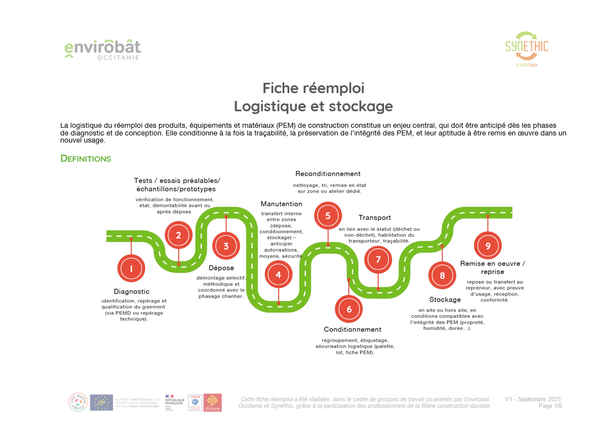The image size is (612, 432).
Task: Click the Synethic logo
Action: pos(527,49)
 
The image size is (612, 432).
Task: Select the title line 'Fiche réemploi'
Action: pos(313,88)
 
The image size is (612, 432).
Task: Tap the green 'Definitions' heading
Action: pos(85,158)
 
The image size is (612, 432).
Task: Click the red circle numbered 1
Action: pos(131,269)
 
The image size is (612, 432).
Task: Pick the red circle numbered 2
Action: pos(178,235)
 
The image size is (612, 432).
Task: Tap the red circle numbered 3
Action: pos(226,246)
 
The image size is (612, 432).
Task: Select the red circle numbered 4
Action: pos(278,275)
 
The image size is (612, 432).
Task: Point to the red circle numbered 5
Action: pos(328,215)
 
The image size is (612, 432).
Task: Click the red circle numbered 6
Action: pos(349,309)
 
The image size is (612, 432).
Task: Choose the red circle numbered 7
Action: pos(378,260)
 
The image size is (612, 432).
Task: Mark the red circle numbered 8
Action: pos(442,276)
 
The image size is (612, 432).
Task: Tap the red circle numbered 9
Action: pos(488,246)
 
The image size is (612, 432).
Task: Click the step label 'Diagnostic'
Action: pos(131,291)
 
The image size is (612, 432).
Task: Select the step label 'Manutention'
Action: pos(281,204)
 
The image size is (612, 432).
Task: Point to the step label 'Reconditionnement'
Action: pos(328,174)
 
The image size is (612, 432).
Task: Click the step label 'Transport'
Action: pos(375,217)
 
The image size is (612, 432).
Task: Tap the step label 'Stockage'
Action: pos(445,299)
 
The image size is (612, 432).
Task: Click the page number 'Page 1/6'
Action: pos(550,406)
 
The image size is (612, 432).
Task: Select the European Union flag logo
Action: pos(101,402)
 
